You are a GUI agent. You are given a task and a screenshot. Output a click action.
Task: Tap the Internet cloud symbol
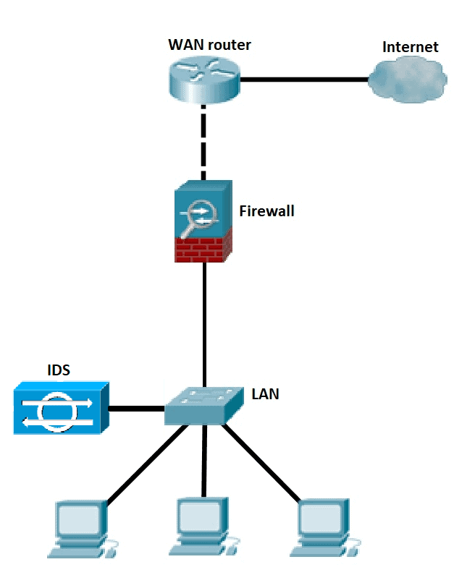[x=405, y=80]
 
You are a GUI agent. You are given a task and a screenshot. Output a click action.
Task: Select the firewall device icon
[x=203, y=221]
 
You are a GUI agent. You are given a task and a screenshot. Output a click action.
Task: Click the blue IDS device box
[x=60, y=408]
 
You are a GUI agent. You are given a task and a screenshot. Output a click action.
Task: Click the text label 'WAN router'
[x=209, y=45]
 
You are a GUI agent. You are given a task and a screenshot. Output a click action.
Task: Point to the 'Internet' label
[x=411, y=47]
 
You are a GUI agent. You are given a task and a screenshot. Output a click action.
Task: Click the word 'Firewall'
[x=266, y=211]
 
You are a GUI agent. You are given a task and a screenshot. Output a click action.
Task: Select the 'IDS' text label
[x=59, y=370]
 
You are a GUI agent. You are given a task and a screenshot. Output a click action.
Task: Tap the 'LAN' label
[x=265, y=394]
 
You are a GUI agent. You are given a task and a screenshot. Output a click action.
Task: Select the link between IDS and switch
[x=138, y=409]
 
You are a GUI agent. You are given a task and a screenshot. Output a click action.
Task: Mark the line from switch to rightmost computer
[x=261, y=463]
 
